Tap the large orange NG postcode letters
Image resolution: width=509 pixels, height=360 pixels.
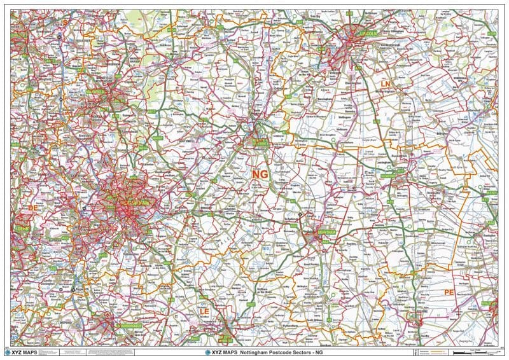[260, 174]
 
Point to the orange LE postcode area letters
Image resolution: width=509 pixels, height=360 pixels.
[204, 312]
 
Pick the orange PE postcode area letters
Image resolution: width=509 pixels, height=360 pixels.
[449, 292]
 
